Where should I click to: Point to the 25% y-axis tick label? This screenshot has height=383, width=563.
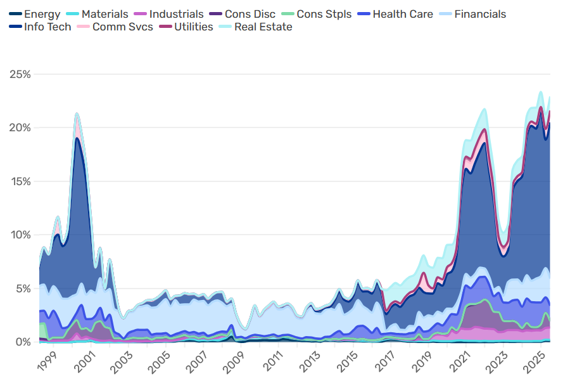[x=20, y=74]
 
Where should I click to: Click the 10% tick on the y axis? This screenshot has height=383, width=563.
[x=20, y=235]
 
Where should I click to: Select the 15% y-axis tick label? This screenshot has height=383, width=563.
[x=20, y=181]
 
